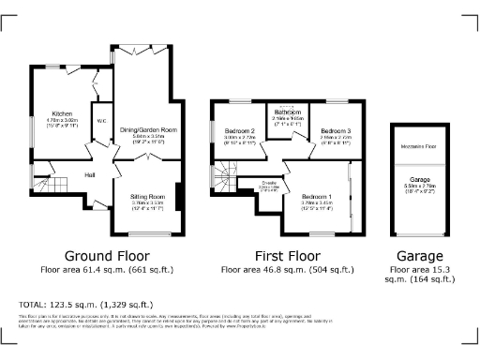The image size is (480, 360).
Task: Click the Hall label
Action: point(90,174)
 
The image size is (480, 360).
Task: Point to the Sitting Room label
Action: point(146,197)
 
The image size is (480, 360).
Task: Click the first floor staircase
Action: point(224,175)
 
